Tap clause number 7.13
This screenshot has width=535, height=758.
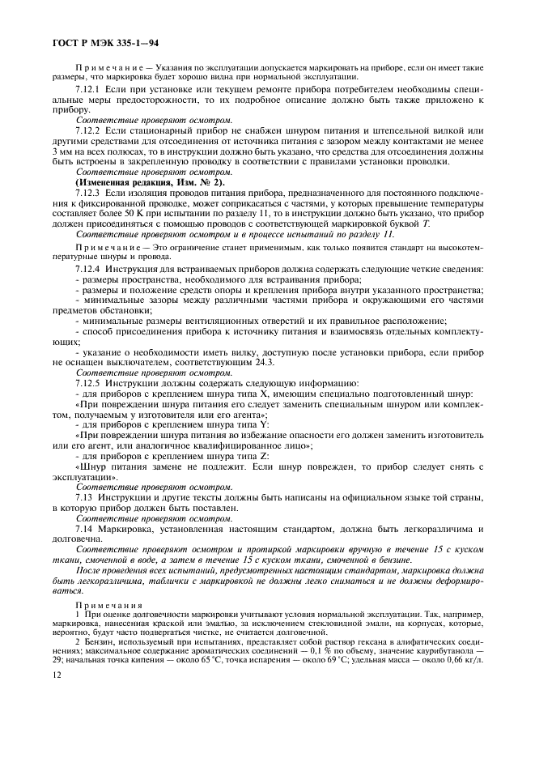[83, 496]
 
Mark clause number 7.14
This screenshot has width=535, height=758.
[83, 529]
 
